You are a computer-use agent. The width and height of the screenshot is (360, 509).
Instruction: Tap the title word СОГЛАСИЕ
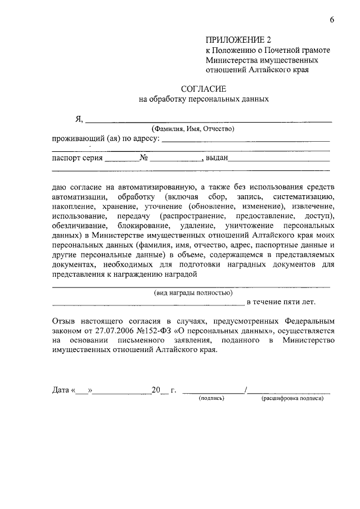pos(203,89)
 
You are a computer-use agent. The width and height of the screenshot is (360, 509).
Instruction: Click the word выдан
pos(217,159)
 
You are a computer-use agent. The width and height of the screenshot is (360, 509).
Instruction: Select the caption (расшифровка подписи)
pos(292,399)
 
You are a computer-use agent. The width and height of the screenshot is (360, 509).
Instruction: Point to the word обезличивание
pos(78,226)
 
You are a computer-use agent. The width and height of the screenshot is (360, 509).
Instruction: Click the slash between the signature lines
pos(246,390)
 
